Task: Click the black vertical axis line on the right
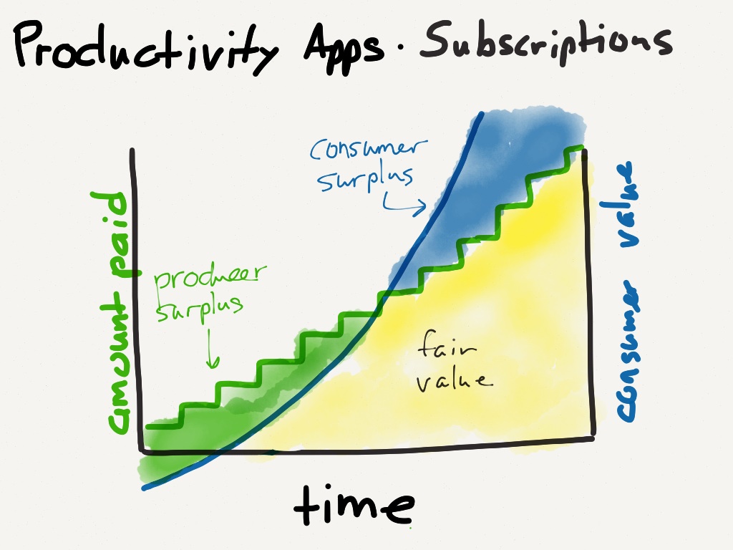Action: tap(591, 301)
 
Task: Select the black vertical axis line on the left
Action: tap(135, 301)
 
